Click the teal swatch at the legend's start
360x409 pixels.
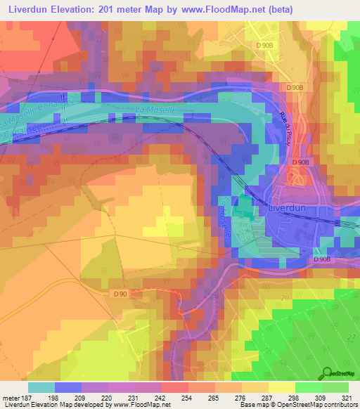tap(41, 387)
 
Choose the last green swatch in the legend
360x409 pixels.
tap(335, 387)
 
